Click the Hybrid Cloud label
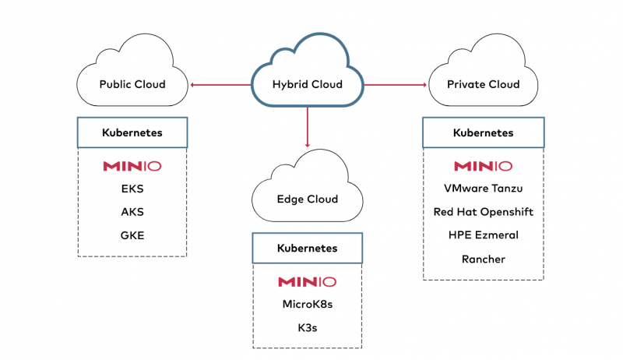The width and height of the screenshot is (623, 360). click(307, 85)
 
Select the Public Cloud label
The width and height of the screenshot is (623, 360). click(132, 84)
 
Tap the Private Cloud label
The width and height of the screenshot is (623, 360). click(483, 84)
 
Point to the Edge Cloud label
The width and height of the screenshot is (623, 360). click(308, 199)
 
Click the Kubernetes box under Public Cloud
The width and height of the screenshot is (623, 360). click(132, 132)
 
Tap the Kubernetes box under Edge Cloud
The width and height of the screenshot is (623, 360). click(308, 249)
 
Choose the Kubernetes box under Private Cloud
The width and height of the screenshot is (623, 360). click(483, 132)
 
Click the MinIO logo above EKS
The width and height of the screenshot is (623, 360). click(132, 166)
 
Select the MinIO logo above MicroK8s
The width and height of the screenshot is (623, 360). click(308, 281)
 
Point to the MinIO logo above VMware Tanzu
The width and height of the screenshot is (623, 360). click(483, 166)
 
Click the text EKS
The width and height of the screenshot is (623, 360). click(132, 189)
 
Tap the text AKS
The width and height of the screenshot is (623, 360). click(132, 212)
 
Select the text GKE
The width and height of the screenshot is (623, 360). click(132, 235)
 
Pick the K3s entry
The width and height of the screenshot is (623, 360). click(308, 328)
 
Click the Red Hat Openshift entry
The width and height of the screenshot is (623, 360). click(483, 212)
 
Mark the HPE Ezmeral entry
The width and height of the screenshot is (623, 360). click(483, 235)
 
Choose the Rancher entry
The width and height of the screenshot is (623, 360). click(483, 259)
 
